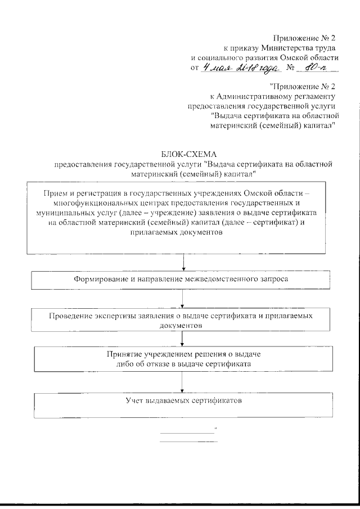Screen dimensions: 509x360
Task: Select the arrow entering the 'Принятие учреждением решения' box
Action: (181, 339)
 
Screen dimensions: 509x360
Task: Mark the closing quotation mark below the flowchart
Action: (215, 430)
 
